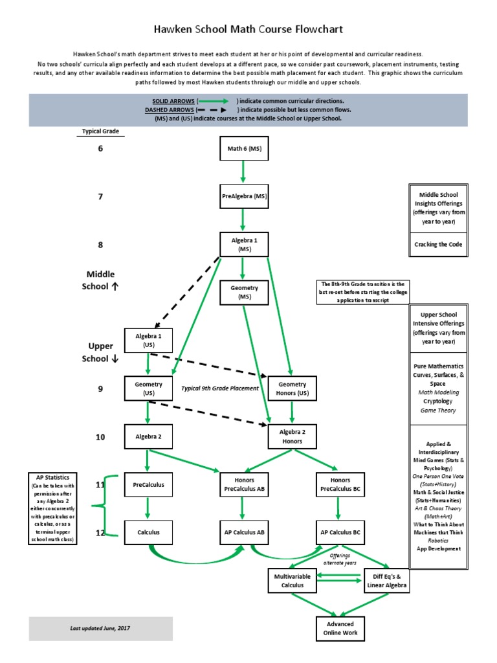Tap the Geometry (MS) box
coord(244,292)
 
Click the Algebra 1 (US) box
coord(148,341)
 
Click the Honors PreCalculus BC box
coord(340,484)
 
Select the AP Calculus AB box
coord(244,532)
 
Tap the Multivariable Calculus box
coord(292,581)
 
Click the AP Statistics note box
coord(52,508)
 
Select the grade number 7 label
coord(100,196)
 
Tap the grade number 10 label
coord(100,437)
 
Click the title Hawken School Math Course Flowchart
coord(248,30)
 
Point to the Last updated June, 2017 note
coord(100,628)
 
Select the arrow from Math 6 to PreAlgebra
coord(243,172)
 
